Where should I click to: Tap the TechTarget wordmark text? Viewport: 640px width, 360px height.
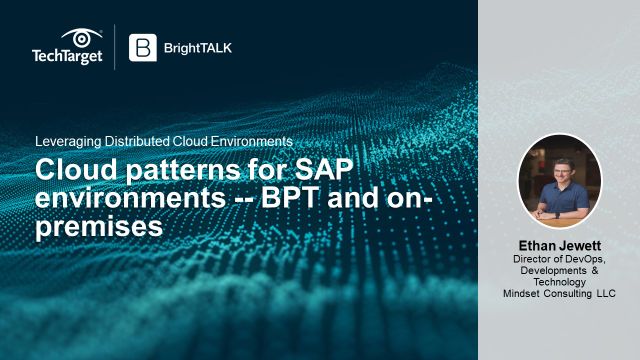click(66, 58)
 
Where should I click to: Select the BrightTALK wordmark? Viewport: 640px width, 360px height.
click(199, 47)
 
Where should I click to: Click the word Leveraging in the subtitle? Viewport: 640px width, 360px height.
click(68, 142)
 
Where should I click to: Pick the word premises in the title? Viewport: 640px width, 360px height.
click(98, 225)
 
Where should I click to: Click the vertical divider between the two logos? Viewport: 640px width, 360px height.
click(115, 47)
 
